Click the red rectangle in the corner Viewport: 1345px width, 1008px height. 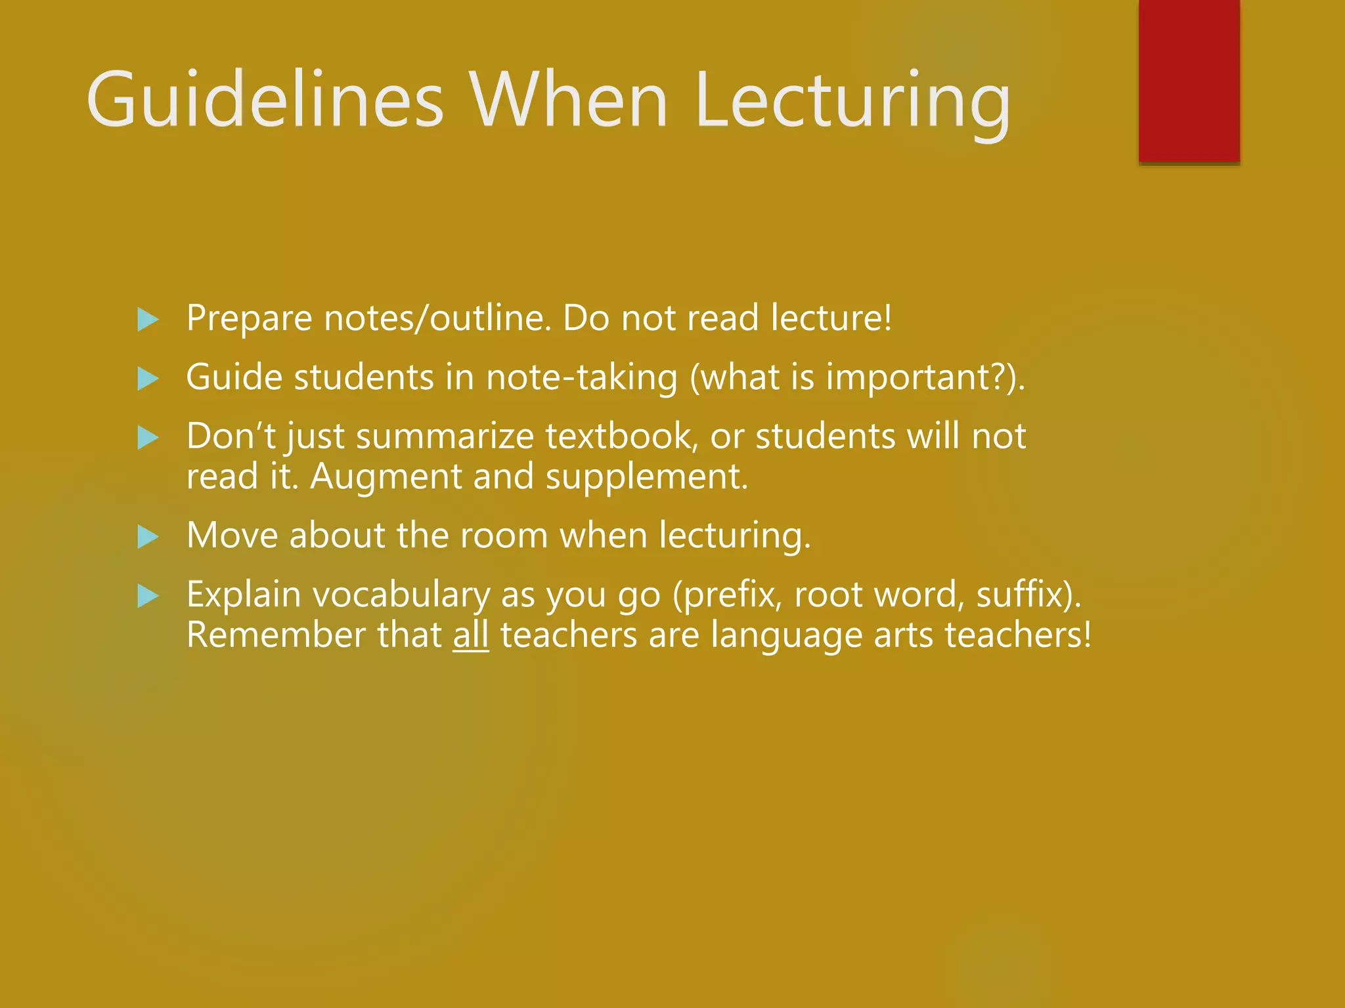coord(1189,80)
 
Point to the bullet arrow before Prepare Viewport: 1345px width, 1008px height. coord(148,320)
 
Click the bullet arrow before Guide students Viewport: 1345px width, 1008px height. coord(148,379)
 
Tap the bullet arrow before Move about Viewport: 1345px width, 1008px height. coord(148,537)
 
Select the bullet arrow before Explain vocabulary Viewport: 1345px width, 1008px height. coord(148,597)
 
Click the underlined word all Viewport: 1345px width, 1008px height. coord(471,635)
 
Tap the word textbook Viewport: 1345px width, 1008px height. coord(621,436)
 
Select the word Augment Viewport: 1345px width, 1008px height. coord(386,477)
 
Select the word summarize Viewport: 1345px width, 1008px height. coord(445,436)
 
